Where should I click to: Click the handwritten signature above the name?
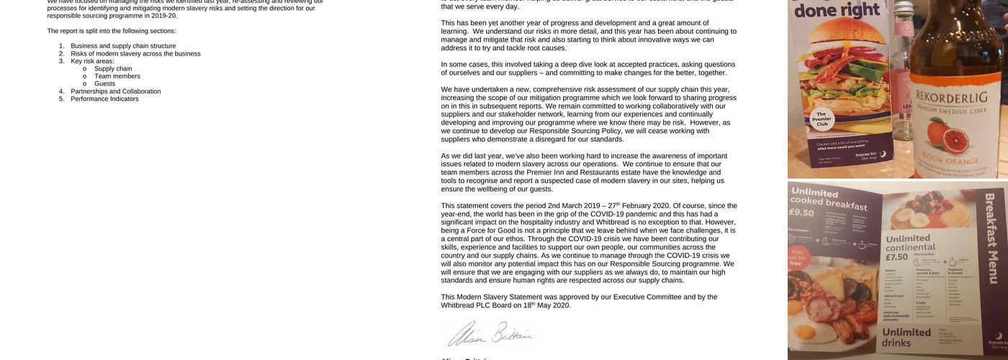coord(490,334)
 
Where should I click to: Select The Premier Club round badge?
coord(822,119)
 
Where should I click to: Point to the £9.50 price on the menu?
coord(801,212)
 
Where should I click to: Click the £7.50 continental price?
coord(897,257)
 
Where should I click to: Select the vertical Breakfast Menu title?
coord(991,238)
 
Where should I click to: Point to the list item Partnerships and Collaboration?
coord(115,91)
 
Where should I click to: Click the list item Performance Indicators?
coord(104,99)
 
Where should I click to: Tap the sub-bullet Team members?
coord(117,76)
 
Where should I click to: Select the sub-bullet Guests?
coord(104,84)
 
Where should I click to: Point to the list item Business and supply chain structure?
coord(123,46)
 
